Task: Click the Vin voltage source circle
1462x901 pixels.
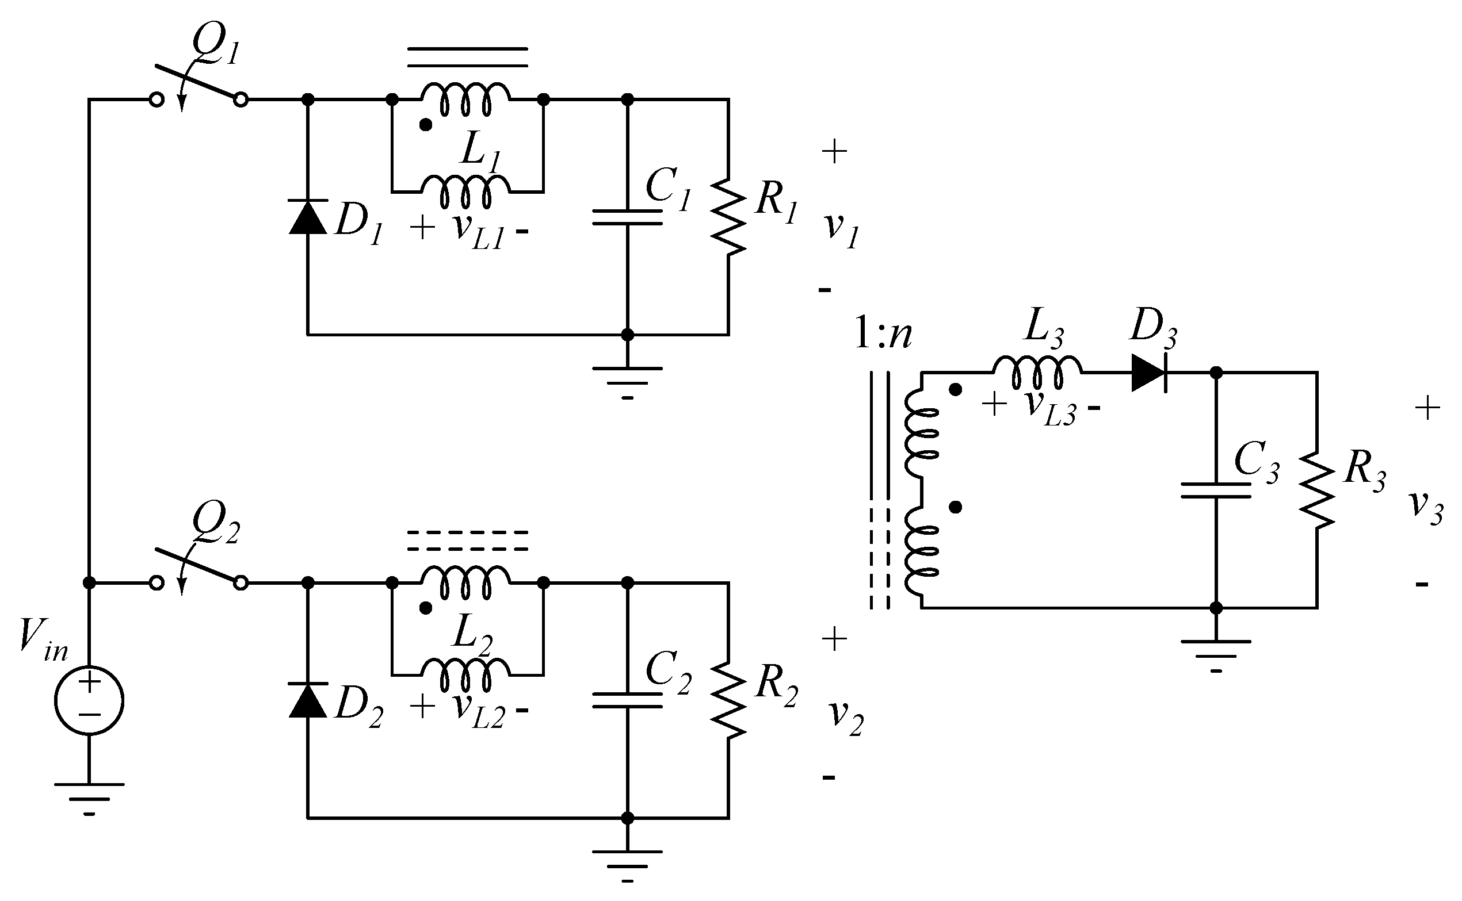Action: click(x=89, y=701)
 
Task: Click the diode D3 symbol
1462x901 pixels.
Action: click(x=1148, y=373)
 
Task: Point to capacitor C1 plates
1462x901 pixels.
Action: click(x=627, y=217)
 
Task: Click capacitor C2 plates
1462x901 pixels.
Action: click(x=627, y=700)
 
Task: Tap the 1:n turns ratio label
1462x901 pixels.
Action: click(x=883, y=335)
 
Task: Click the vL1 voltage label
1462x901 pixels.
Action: click(x=478, y=231)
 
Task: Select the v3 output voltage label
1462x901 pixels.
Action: click(x=1426, y=507)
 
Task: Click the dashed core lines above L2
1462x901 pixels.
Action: click(x=467, y=540)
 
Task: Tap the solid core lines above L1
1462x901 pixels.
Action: click(x=467, y=56)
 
